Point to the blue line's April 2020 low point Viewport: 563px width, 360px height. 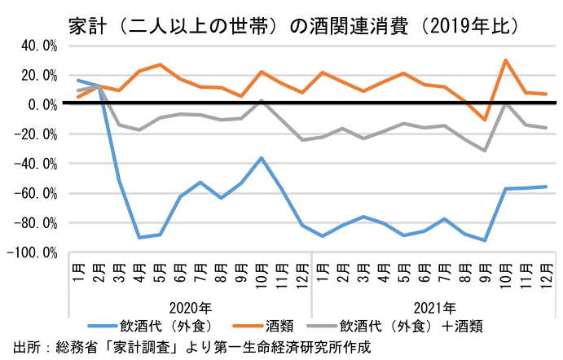[139, 237]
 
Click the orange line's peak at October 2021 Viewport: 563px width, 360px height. [506, 60]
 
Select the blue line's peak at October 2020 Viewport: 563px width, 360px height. [261, 158]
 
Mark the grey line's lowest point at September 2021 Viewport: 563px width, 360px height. [486, 151]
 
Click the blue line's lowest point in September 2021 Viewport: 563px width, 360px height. [486, 240]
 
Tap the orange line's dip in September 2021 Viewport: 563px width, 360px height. [486, 120]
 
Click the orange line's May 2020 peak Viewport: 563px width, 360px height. [160, 64]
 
